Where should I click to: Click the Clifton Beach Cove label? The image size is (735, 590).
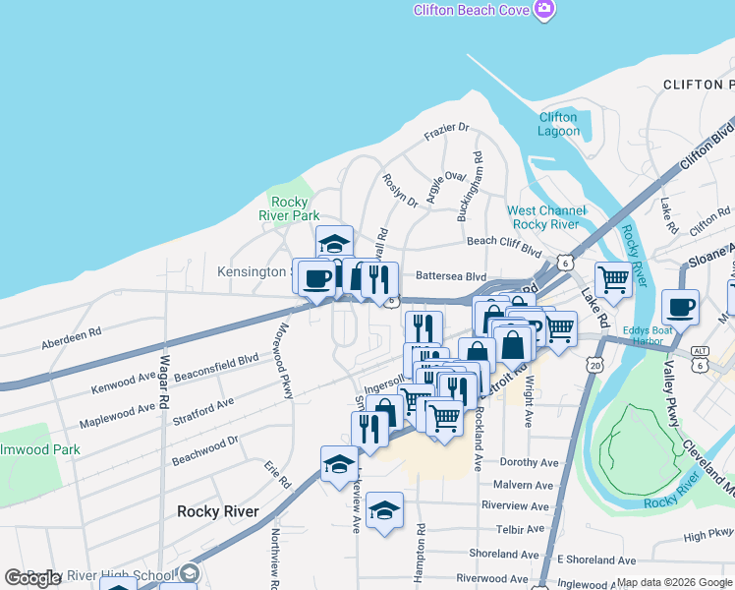(x=471, y=10)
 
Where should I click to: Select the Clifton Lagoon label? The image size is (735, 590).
(x=558, y=124)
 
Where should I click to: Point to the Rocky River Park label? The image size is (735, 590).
(x=289, y=208)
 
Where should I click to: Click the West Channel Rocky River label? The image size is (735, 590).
(x=546, y=217)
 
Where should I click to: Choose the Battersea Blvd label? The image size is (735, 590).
(x=451, y=276)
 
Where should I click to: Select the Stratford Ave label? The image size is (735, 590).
(x=204, y=411)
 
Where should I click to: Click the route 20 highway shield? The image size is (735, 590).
(x=595, y=365)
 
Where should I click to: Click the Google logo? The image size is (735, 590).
(x=32, y=578)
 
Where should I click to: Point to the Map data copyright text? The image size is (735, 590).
(x=673, y=582)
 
